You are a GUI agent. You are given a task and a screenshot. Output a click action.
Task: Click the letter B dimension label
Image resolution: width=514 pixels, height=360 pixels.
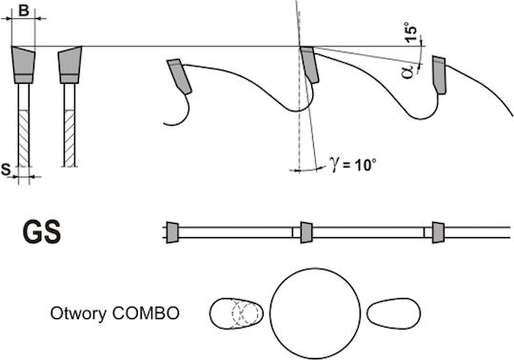coord(23,10)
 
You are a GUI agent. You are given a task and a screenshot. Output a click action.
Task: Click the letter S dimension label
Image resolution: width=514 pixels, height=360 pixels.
coord(6,170)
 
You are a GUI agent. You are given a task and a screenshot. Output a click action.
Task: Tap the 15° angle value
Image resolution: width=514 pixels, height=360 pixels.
coord(411,32)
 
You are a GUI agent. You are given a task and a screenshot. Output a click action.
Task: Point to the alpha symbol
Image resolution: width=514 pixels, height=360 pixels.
coord(407,71)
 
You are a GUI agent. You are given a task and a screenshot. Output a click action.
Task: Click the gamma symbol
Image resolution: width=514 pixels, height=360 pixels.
coord(334,164)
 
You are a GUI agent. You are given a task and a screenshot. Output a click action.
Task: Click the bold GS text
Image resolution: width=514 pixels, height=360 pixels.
coord(42,232)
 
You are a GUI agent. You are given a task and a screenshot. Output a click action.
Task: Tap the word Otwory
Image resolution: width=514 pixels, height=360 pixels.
coord(78,313)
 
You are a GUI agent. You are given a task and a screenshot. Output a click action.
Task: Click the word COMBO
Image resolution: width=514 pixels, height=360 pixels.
coord(146,313)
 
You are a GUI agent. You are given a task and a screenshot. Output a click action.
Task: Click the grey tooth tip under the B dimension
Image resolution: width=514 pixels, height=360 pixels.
coord(23,65)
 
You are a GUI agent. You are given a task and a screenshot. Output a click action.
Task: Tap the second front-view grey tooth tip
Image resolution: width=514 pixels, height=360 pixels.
coord(69,65)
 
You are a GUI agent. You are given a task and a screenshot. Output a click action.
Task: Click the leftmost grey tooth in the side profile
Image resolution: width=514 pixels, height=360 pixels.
coord(179,76)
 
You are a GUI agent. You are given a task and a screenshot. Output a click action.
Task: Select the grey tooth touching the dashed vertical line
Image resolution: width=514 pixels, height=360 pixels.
coord(308,64)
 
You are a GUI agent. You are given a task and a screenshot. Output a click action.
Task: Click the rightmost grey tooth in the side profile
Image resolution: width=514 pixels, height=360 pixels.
coord(439,74)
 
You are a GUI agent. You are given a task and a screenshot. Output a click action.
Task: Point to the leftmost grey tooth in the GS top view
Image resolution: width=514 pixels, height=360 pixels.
coord(172,232)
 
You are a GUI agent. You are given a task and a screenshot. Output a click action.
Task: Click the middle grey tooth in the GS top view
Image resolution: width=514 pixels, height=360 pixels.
coord(306,232)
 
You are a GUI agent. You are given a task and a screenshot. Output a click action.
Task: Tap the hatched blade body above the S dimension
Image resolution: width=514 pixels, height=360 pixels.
coord(24,139)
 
